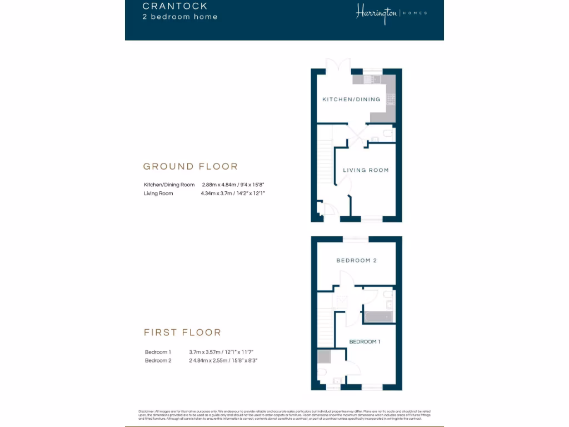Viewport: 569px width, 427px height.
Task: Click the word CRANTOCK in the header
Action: pyautogui.click(x=174, y=6)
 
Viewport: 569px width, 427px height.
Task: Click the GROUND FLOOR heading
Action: pyautogui.click(x=190, y=166)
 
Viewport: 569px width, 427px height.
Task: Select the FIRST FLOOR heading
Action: pyautogui.click(x=182, y=332)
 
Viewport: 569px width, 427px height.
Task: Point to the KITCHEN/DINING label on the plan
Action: pyautogui.click(x=351, y=100)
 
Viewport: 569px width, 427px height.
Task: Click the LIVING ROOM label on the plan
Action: pyautogui.click(x=366, y=170)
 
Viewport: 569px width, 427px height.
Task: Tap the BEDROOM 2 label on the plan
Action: pyautogui.click(x=356, y=260)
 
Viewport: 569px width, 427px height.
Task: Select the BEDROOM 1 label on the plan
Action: pyautogui.click(x=365, y=341)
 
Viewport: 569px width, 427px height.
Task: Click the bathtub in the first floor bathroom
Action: pyautogui.click(x=378, y=317)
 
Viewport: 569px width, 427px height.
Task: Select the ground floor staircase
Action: pyautogui.click(x=325, y=161)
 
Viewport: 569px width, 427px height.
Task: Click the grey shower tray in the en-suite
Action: pyautogui.click(x=323, y=356)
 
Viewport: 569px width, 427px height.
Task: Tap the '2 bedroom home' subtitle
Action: pyautogui.click(x=179, y=17)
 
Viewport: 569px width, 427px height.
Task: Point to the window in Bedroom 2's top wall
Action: pyautogui.click(x=355, y=239)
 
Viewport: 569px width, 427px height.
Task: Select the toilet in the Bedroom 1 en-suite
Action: pyautogui.click(x=322, y=372)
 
